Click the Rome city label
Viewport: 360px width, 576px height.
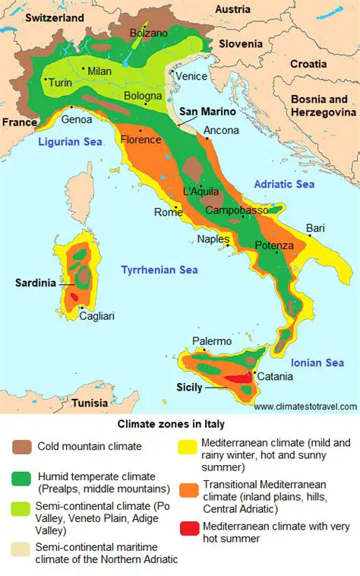pos(168,212)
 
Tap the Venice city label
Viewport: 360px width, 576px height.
pos(191,76)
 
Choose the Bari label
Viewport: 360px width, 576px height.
pos(315,227)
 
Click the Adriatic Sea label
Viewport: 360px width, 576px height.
pos(284,184)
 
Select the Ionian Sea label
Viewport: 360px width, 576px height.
pos(317,363)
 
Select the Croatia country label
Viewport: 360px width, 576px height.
pos(308,64)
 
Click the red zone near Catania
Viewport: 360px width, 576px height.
pos(239,378)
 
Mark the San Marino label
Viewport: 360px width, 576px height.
pos(207,112)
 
